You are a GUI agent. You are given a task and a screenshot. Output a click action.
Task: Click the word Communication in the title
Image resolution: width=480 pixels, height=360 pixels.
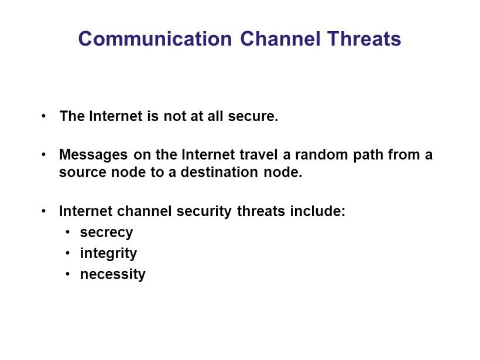click(x=155, y=39)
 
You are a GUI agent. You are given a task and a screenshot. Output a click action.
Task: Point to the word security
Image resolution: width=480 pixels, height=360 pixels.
click(x=205, y=211)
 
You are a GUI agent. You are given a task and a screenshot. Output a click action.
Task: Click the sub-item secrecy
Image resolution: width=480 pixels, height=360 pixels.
click(x=107, y=232)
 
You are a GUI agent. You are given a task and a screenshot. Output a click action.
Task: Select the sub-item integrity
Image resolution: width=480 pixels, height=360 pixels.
click(x=108, y=253)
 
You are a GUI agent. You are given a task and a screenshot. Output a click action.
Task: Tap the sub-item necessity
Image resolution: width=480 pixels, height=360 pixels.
click(x=112, y=274)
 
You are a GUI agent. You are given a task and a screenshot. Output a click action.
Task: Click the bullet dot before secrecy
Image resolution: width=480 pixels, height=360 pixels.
click(x=67, y=232)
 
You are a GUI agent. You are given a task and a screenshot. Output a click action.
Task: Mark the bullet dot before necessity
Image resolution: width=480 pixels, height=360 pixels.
click(x=67, y=274)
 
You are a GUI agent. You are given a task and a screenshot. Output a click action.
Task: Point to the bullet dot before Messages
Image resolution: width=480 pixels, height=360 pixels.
click(x=44, y=155)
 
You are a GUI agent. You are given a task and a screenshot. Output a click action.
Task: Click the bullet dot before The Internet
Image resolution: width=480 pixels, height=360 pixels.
click(x=44, y=116)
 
